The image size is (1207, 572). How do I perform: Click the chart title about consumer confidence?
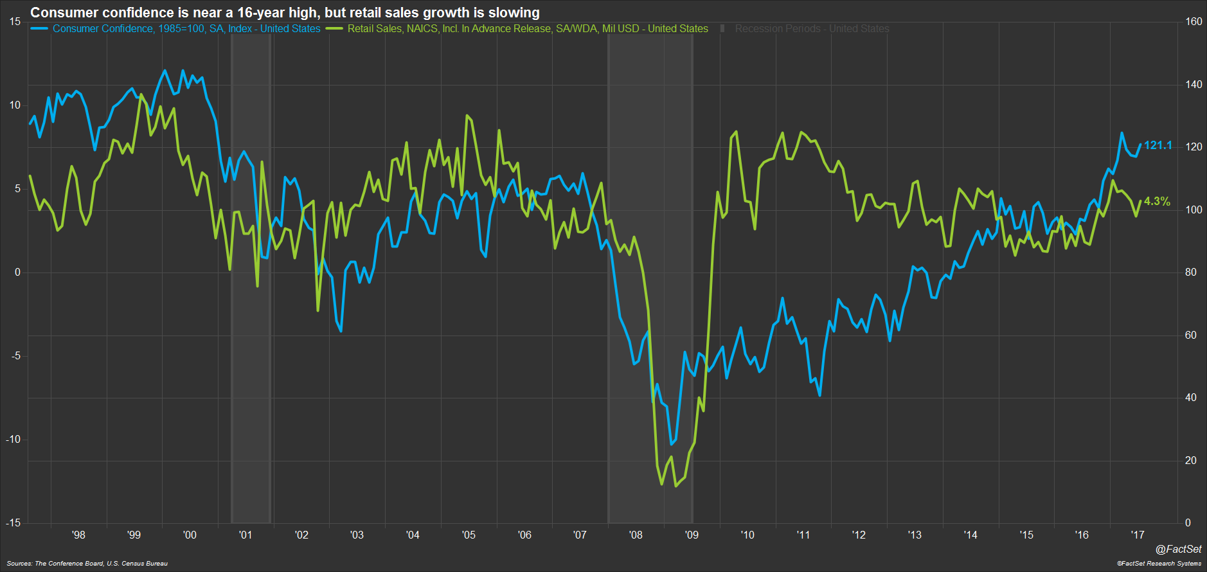pyautogui.click(x=285, y=12)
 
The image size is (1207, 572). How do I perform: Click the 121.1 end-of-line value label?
pyautogui.click(x=1158, y=145)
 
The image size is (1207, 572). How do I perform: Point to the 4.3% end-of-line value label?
pyautogui.click(x=1157, y=201)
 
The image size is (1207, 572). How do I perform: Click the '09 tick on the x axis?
pyautogui.click(x=692, y=535)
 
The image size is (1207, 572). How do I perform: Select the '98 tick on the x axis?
pyautogui.click(x=78, y=535)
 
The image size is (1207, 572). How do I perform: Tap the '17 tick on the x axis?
pyautogui.click(x=1138, y=535)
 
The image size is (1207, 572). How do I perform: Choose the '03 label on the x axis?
pyautogui.click(x=357, y=535)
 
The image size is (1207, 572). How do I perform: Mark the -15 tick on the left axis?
pyautogui.click(x=13, y=523)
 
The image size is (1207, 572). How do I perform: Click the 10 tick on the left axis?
pyautogui.click(x=15, y=105)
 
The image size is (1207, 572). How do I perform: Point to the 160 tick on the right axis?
pyautogui.click(x=1194, y=21)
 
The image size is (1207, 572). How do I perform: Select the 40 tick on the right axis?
pyautogui.click(x=1191, y=397)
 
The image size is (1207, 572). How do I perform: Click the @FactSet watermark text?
pyautogui.click(x=1178, y=549)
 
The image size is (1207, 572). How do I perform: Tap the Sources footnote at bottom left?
pyautogui.click(x=87, y=564)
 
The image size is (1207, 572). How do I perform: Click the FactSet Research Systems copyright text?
pyautogui.click(x=1159, y=564)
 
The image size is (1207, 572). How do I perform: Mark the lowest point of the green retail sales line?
pyautogui.click(x=675, y=486)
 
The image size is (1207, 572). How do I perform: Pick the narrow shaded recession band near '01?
pyautogui.click(x=251, y=276)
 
